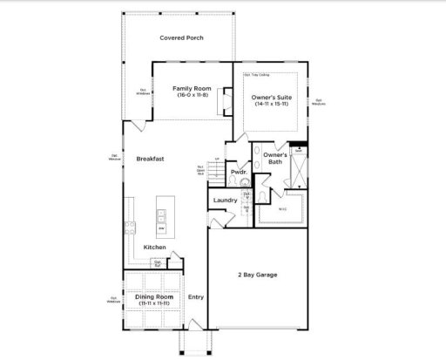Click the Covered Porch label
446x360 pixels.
(x=180, y=37)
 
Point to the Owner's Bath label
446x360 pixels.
(x=275, y=159)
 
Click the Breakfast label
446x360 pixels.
(x=150, y=159)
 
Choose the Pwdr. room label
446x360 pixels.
(x=239, y=173)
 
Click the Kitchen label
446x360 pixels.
(x=155, y=247)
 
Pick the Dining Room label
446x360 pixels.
(x=153, y=297)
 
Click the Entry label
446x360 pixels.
(x=196, y=297)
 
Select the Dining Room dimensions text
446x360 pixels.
(x=153, y=304)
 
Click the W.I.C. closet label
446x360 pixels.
(x=282, y=208)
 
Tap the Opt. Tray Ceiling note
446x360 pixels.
(x=258, y=74)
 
